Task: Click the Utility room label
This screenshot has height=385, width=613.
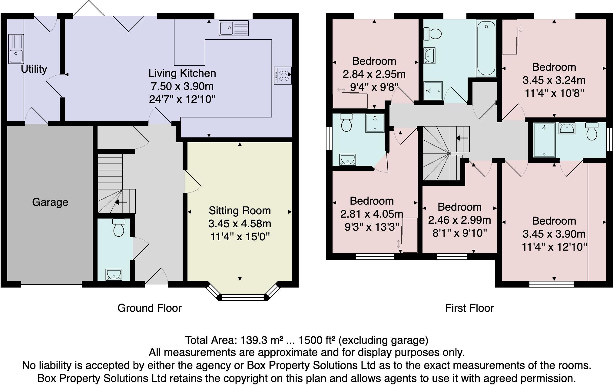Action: click(34, 69)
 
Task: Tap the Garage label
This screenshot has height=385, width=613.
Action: click(50, 202)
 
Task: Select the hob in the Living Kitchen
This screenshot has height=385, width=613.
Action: click(283, 76)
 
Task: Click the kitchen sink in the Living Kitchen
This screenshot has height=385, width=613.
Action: click(234, 28)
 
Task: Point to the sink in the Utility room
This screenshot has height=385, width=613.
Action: click(16, 49)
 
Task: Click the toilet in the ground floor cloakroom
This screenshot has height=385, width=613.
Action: click(118, 228)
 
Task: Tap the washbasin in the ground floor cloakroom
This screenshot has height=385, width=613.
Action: click(114, 275)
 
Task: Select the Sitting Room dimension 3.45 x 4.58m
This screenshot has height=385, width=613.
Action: click(240, 224)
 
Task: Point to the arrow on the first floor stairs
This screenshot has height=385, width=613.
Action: click(462, 138)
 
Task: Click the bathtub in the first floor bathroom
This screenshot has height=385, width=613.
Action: click(486, 48)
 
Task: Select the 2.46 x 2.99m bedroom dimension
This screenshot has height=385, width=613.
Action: click(459, 220)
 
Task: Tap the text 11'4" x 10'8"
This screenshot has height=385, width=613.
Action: click(554, 93)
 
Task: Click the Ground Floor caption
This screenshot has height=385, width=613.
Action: click(149, 308)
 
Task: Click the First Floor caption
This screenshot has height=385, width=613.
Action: click(469, 308)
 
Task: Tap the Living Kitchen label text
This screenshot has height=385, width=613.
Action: click(182, 73)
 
